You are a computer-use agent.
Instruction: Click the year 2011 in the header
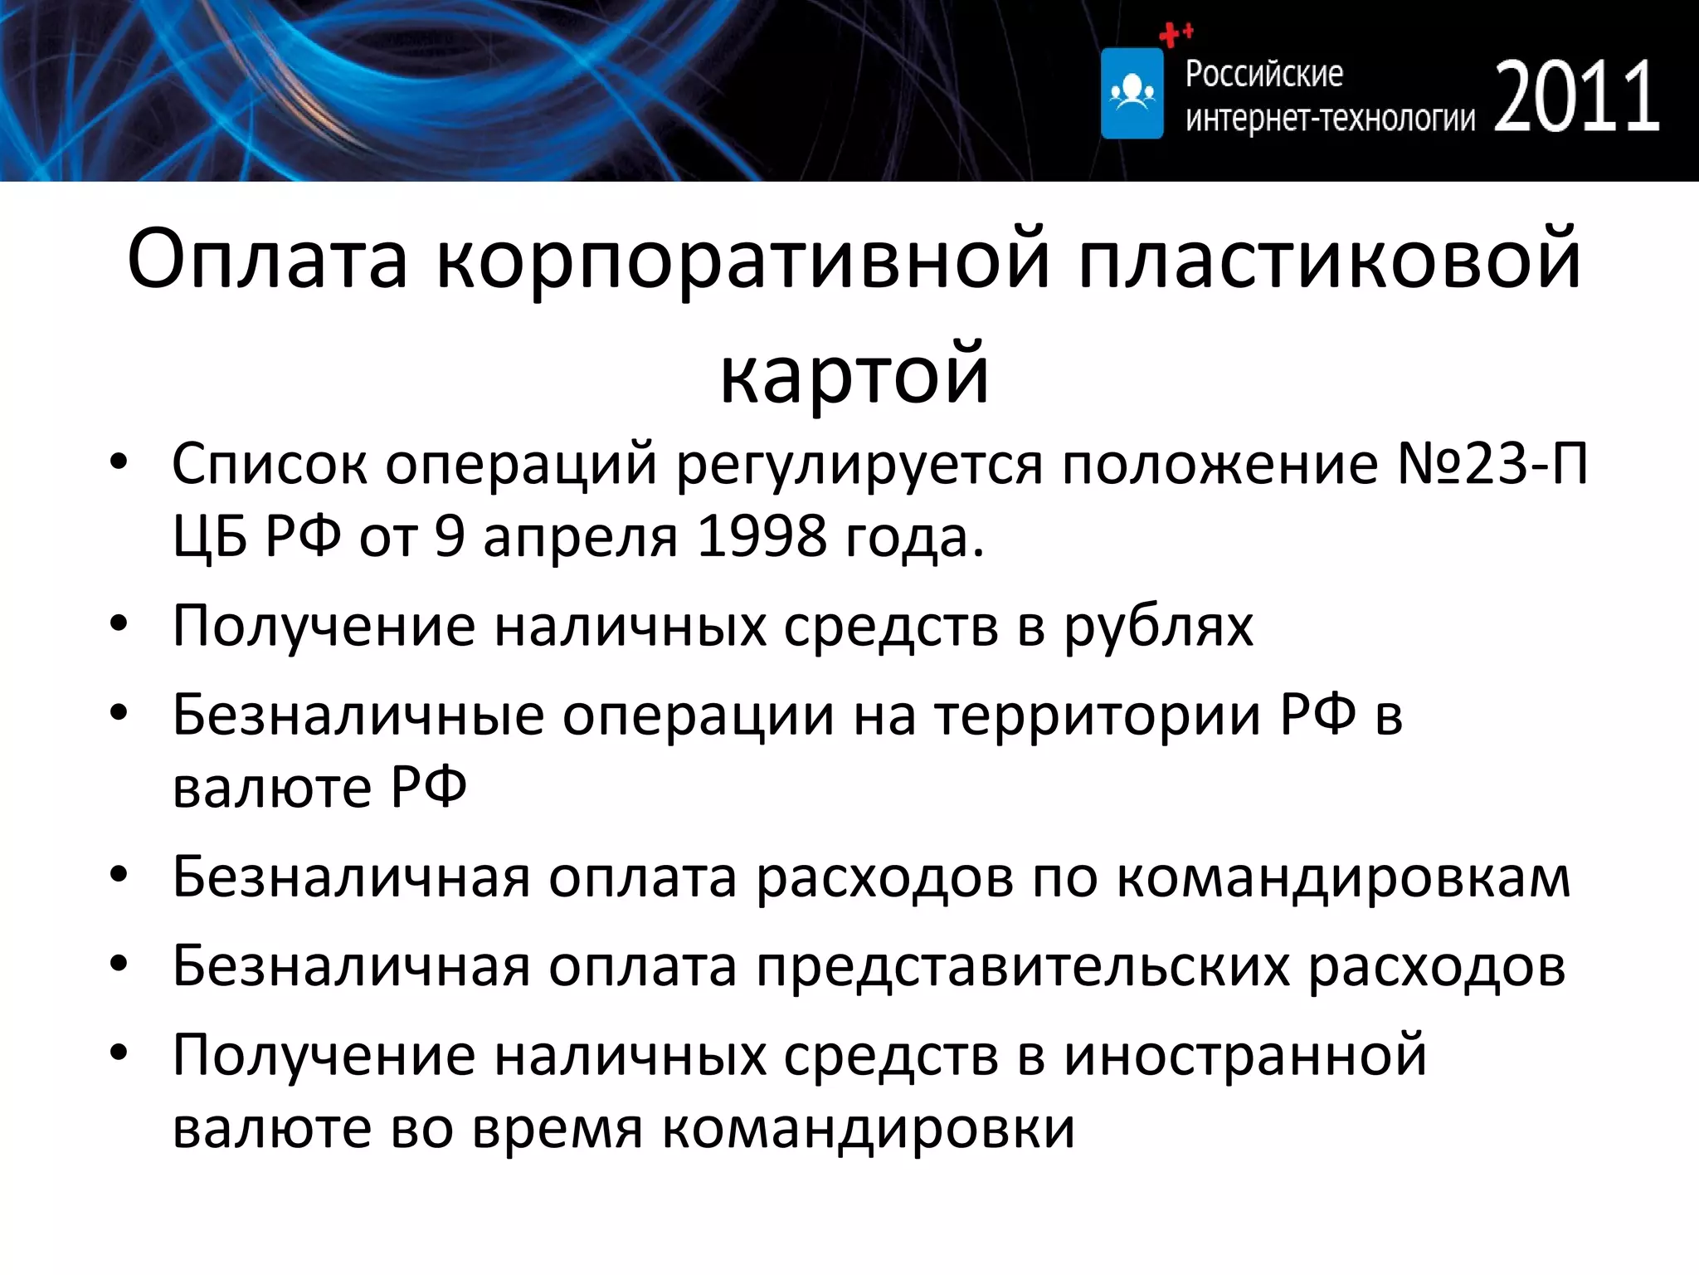click(1576, 97)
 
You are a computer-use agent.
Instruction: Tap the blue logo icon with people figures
click(1132, 93)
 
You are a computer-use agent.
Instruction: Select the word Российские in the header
click(1263, 74)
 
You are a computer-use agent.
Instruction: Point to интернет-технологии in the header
click(1330, 119)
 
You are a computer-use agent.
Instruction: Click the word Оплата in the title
click(268, 260)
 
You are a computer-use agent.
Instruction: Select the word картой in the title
click(854, 374)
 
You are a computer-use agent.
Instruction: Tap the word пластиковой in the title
click(1330, 260)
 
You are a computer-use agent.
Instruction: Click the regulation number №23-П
click(1492, 463)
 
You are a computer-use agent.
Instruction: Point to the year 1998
click(762, 536)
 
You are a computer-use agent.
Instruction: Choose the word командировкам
click(1343, 877)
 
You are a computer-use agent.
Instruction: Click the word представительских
click(1022, 967)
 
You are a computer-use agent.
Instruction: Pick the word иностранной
click(1245, 1056)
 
